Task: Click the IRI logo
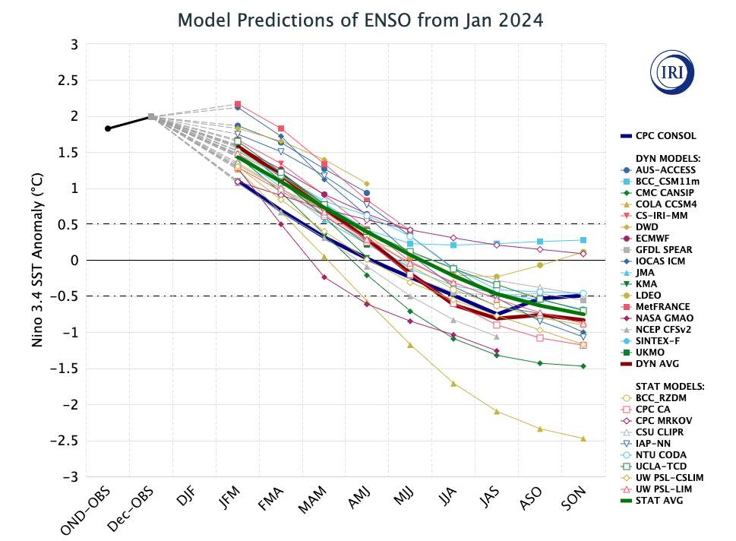tap(672, 74)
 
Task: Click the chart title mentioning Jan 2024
tap(361, 20)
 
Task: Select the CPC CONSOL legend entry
tap(665, 136)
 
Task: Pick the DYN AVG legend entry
tap(658, 363)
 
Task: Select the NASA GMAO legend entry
tap(664, 318)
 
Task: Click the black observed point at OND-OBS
tap(108, 128)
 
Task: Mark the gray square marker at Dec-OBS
tap(151, 116)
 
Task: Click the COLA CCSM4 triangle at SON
tap(583, 438)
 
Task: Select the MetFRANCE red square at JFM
tap(238, 103)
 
